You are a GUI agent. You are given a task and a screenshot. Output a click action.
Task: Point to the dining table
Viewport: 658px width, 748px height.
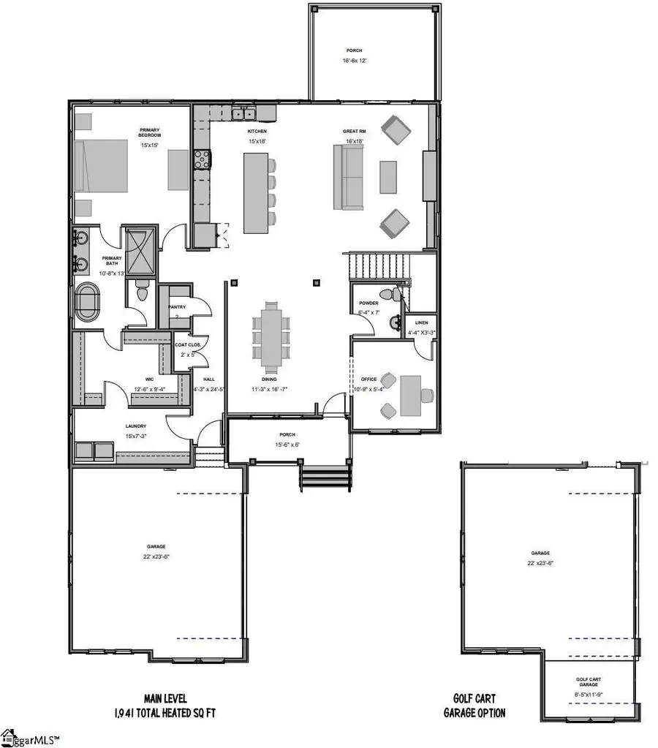click(270, 333)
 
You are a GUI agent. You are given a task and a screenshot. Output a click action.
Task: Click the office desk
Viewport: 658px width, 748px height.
click(410, 395)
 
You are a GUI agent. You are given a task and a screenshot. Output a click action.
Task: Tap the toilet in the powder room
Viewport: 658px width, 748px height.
click(396, 295)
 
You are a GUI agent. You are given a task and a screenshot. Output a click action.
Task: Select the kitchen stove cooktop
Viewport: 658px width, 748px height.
click(201, 159)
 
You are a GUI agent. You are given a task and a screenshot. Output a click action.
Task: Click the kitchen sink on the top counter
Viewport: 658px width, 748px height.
click(243, 113)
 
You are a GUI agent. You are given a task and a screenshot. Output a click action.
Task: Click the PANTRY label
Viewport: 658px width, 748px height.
click(177, 307)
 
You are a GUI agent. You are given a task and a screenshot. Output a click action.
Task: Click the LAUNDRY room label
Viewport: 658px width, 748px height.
click(135, 426)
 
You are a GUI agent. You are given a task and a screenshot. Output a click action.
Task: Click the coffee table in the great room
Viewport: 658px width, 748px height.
click(388, 176)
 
